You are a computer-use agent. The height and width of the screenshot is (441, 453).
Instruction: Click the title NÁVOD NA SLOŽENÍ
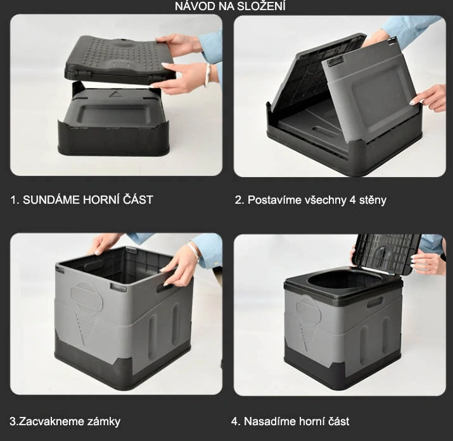230,6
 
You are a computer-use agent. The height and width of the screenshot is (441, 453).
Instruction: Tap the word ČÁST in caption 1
138,199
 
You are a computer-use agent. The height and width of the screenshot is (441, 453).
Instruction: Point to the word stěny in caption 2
373,200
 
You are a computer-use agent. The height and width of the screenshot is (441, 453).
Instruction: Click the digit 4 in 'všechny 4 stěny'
352,200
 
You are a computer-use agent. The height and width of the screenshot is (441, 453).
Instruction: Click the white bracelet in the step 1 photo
207,75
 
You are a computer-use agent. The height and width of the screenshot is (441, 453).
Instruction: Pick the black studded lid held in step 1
119,59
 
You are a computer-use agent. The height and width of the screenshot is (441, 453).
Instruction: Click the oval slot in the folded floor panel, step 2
324,132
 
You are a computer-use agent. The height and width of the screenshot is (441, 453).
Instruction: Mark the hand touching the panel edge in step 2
428,98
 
